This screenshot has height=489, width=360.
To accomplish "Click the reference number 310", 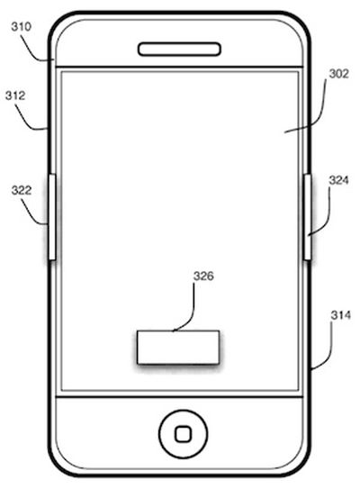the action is [x=22, y=27].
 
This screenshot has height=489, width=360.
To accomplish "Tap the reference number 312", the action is [x=15, y=95].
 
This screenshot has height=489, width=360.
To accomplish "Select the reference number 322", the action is [x=22, y=190].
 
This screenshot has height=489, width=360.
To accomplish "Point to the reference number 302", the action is [x=338, y=74].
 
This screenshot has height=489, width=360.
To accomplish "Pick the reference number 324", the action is [x=338, y=180].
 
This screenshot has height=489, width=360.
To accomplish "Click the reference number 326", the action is [x=203, y=276].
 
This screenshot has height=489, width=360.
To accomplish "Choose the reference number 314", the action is [x=341, y=315].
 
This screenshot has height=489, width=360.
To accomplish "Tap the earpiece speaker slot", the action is [x=179, y=50].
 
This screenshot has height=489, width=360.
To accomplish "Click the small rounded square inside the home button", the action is [x=183, y=434].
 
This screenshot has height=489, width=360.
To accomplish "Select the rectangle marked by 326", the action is [x=178, y=347].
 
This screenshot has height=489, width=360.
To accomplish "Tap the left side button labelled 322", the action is [x=52, y=217].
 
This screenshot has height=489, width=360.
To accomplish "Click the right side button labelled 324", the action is [x=308, y=217].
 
